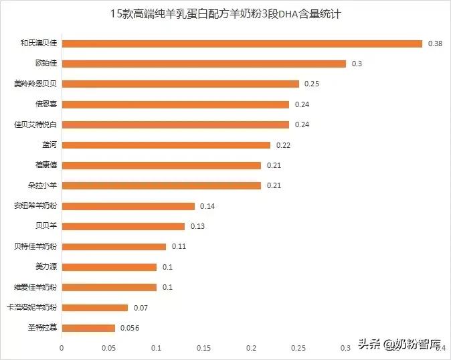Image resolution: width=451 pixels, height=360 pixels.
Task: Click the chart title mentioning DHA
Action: pos(225,13)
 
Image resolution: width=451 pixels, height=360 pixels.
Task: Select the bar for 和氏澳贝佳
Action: pos(242,43)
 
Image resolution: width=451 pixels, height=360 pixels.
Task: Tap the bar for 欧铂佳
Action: pos(203,64)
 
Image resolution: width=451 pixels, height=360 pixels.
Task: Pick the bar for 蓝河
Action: pos(166,145)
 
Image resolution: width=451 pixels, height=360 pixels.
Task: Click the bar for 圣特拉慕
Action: pos(88,328)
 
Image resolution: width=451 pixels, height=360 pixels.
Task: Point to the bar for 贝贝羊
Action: pos(123,226)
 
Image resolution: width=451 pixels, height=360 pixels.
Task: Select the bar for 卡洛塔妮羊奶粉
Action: pos(94,308)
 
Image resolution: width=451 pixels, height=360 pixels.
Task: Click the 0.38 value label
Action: pos(434,43)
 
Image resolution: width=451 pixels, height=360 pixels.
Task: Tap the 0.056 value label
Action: pos(128,328)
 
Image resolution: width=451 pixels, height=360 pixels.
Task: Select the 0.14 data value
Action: pos(207,206)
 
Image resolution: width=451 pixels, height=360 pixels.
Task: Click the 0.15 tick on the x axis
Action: pos(203,348)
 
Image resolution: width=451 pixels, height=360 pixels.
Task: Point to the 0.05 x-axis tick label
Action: pos(108,348)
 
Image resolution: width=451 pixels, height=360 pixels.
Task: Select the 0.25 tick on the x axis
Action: pos(298,348)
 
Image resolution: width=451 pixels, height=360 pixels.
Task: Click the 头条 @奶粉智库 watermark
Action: pos(400,345)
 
